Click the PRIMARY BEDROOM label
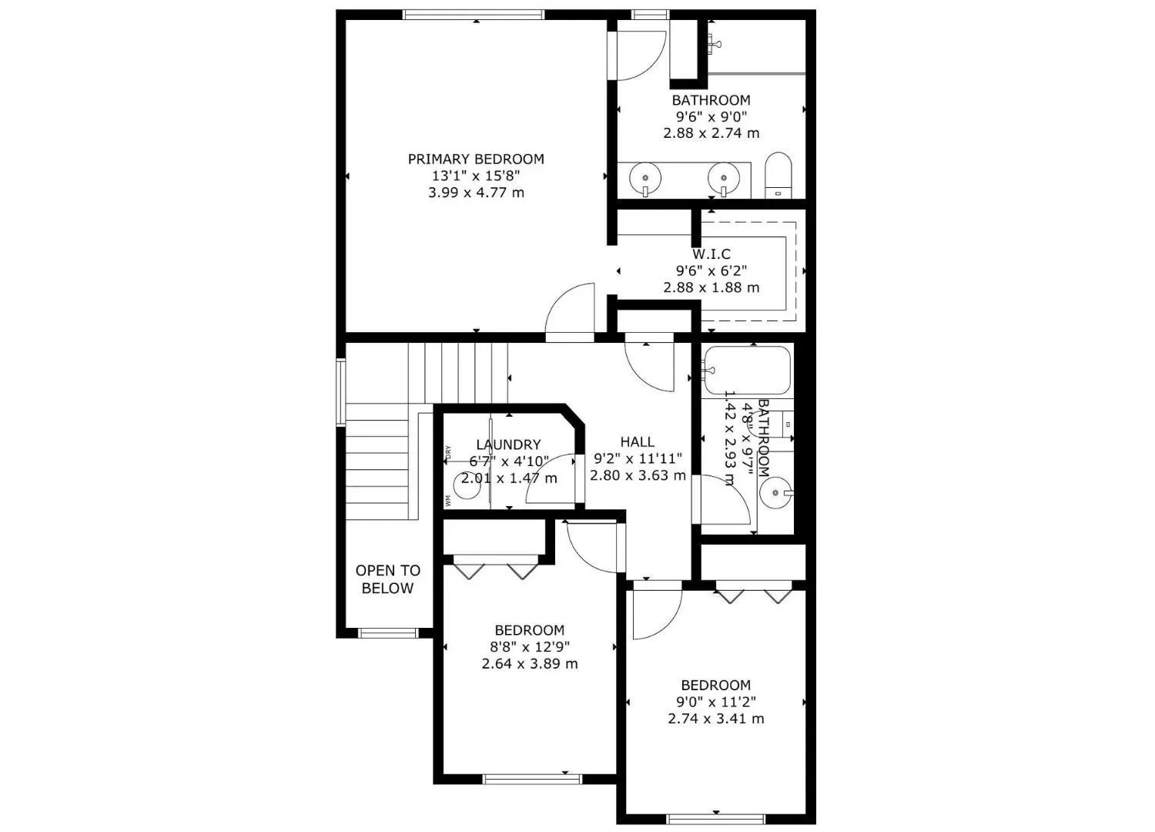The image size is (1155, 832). pyautogui.click(x=476, y=159)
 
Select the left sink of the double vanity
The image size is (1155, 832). pyautogui.click(x=645, y=179)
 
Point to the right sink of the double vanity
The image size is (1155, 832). pyautogui.click(x=724, y=179)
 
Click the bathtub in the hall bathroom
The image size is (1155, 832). pyautogui.click(x=748, y=370)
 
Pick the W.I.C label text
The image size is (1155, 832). pyautogui.click(x=711, y=254)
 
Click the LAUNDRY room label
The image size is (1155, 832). pyautogui.click(x=508, y=445)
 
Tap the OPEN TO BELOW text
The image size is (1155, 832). pyautogui.click(x=388, y=579)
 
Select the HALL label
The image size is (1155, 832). pyautogui.click(x=638, y=442)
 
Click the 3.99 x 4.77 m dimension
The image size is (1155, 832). pyautogui.click(x=476, y=193)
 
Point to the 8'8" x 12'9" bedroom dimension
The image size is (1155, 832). pyautogui.click(x=530, y=647)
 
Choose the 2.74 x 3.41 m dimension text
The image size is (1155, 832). pyautogui.click(x=716, y=719)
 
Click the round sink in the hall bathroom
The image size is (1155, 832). pyautogui.click(x=774, y=491)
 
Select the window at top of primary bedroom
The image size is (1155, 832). pyautogui.click(x=474, y=14)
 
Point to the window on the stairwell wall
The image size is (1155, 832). pyautogui.click(x=340, y=391)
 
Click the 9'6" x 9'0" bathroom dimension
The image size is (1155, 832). pyautogui.click(x=711, y=117)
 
